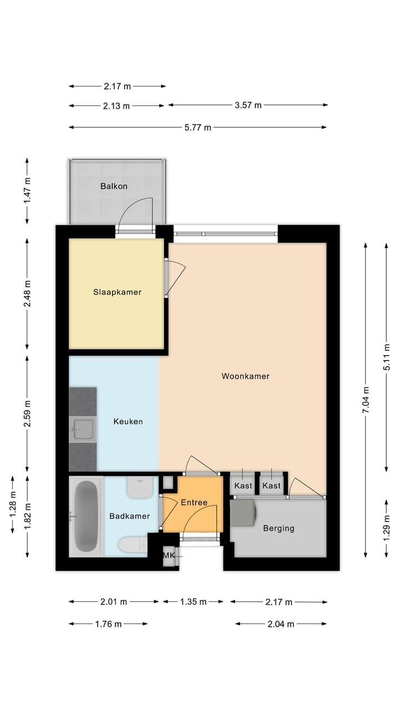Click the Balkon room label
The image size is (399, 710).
click(114, 186)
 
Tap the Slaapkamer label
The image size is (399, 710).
click(117, 292)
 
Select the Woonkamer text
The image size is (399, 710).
click(245, 376)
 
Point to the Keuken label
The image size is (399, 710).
click(128, 422)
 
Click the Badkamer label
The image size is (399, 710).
click(129, 516)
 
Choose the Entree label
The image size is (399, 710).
click(194, 503)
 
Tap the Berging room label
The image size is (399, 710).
click(279, 529)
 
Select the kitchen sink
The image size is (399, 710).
click(83, 429)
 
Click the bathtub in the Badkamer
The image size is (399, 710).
click(86, 516)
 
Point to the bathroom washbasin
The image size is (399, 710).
click(139, 488)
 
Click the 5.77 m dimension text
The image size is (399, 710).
click(198, 128)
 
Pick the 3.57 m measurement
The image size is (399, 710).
click(248, 105)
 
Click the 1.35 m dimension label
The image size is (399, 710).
click(193, 602)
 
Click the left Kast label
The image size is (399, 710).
click(243, 486)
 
